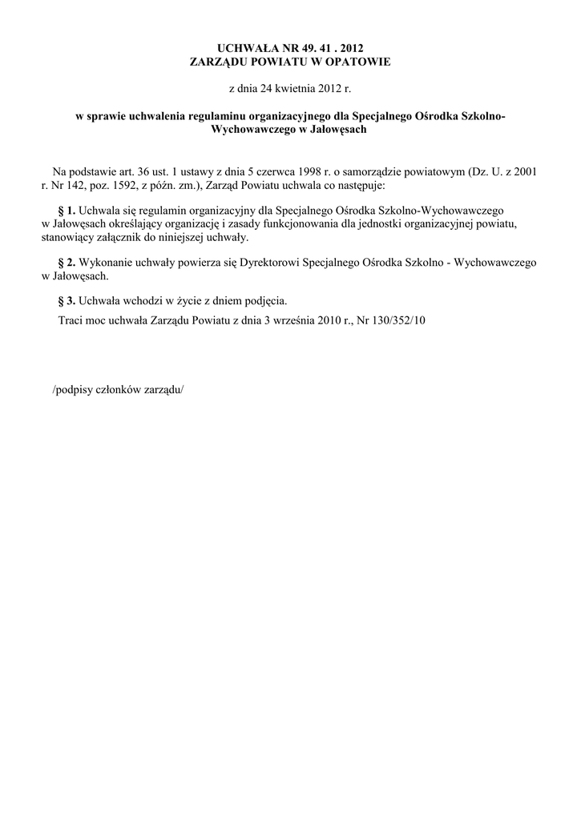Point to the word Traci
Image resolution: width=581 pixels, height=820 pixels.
coord(72,320)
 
